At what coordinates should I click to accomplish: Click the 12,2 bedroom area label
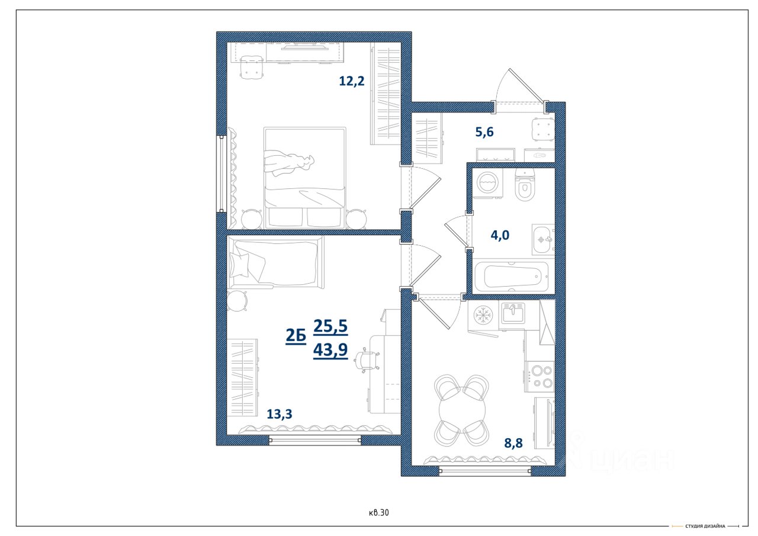click(x=352, y=81)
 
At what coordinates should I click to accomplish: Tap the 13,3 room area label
click(x=279, y=414)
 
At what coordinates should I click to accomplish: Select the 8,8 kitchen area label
click(x=513, y=443)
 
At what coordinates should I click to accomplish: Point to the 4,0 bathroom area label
click(x=500, y=235)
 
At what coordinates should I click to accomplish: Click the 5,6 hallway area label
click(x=484, y=131)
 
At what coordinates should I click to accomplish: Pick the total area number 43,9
click(x=330, y=349)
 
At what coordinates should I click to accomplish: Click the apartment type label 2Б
click(x=296, y=335)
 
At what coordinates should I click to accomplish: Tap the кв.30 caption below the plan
click(x=378, y=513)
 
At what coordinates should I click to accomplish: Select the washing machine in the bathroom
click(x=487, y=183)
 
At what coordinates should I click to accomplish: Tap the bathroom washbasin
click(x=544, y=240)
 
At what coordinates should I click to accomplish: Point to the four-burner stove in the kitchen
click(x=539, y=377)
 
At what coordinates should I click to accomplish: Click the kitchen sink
click(x=513, y=313)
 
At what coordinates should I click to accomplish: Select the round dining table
click(x=462, y=410)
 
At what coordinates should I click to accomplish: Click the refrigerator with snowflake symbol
click(x=483, y=316)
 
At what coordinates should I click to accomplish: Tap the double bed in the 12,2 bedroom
click(x=304, y=178)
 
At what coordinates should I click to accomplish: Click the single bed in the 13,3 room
click(x=276, y=262)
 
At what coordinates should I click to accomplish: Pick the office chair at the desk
click(x=367, y=360)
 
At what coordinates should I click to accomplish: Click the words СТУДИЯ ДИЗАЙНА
click(x=705, y=526)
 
